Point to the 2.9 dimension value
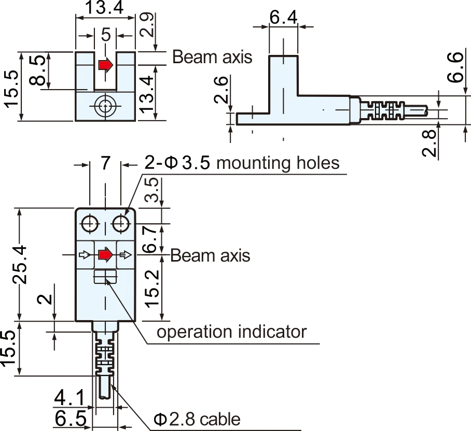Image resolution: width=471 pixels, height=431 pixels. tap(148, 24)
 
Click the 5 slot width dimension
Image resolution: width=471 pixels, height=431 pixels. tap(106, 35)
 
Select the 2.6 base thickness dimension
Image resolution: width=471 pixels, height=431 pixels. tap(220, 91)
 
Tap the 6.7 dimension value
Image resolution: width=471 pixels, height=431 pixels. tap(151, 239)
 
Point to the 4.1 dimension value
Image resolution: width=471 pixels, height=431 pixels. tap(69, 399)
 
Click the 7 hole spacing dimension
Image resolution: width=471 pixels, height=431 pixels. tap(105, 164)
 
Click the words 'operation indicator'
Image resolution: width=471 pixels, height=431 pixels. tap(231, 332)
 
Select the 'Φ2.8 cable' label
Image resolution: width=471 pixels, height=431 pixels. tap(197, 419)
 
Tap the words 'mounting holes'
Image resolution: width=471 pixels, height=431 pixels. tap(278, 163)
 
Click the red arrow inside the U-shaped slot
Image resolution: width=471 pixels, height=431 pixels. tap(106, 65)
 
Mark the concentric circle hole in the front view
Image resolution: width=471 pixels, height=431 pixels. tap(106, 107)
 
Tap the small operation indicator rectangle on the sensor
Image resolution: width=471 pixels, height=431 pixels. tap(106, 277)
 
